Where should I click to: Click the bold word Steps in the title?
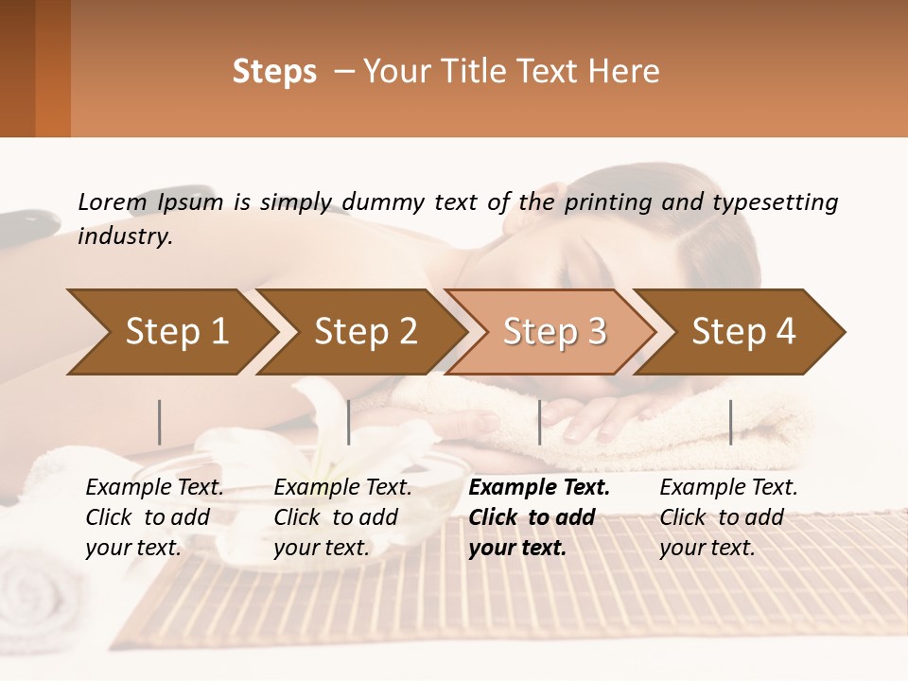tap(274, 72)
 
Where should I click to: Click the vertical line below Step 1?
tap(159, 422)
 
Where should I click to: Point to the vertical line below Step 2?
tap(348, 422)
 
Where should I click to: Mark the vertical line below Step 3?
tap(539, 422)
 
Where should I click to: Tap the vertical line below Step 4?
tap(730, 422)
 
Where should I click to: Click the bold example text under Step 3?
tap(538, 517)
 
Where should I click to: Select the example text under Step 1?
tap(153, 517)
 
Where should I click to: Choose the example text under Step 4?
tap(727, 517)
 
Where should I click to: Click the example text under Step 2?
tap(341, 517)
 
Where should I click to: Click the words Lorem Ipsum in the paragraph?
tap(150, 202)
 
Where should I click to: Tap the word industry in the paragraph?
tap(124, 236)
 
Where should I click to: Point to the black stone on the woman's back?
tap(24, 225)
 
